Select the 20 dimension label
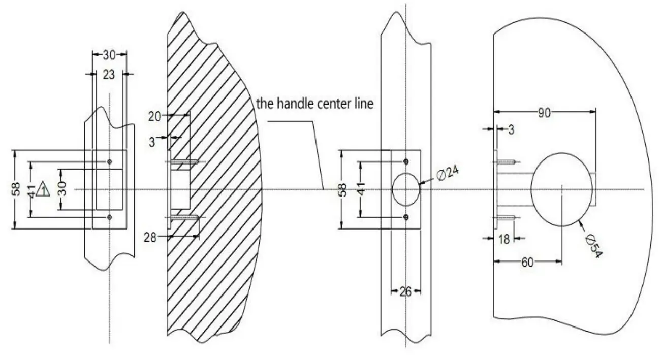[154, 117]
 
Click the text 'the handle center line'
[315, 104]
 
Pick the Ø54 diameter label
[593, 246]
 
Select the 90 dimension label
[544, 113]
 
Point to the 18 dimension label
[504, 239]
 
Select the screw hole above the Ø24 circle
[405, 162]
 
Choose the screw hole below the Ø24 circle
[405, 217]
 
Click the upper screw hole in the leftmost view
[109, 162]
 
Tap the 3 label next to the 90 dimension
[511, 130]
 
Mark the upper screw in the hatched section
[184, 162]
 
